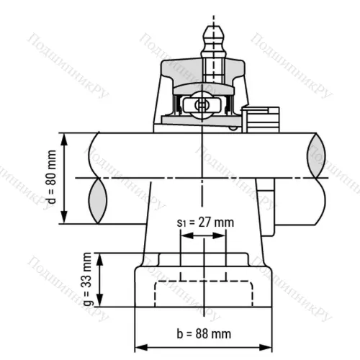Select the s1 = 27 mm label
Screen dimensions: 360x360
tap(205, 222)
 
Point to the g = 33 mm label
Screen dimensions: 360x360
tap(88, 279)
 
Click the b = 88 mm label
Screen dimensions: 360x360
tap(204, 333)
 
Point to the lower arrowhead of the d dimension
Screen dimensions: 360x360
tap(66, 220)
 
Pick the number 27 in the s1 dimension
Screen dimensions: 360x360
tap(207, 222)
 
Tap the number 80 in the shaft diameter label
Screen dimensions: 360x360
tap(50, 180)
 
